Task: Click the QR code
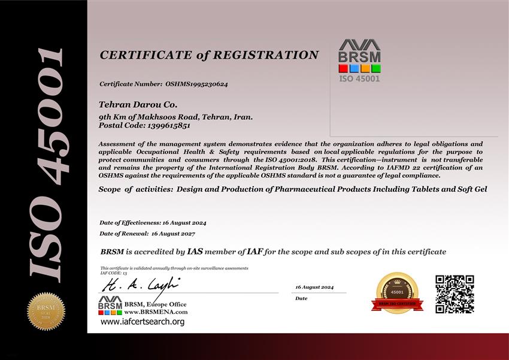tap(455, 294)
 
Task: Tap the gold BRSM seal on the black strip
tap(46, 311)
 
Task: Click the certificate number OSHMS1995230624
tap(196, 84)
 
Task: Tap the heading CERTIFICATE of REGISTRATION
tap(209, 55)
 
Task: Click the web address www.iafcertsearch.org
tap(143, 322)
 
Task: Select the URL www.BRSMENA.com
tap(156, 312)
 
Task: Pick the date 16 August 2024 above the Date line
tap(314, 288)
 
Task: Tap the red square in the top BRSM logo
tap(343, 68)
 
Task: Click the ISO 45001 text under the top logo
tap(359, 78)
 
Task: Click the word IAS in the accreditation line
tap(195, 252)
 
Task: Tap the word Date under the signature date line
tap(301, 298)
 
